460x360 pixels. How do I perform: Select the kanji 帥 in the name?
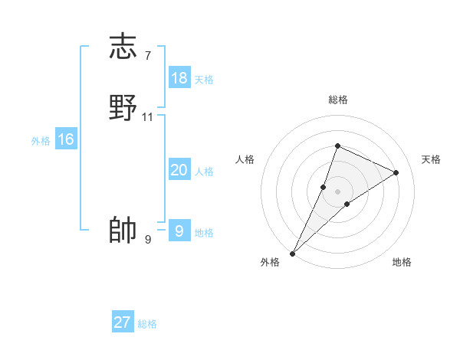[123, 230]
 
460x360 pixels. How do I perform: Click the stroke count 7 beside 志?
[148, 55]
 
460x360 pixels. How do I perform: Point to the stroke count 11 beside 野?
[148, 117]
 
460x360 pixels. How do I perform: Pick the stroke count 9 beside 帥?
[148, 240]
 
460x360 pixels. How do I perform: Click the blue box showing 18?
[179, 78]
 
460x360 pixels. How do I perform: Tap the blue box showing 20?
[179, 170]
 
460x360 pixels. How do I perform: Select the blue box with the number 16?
[66, 139]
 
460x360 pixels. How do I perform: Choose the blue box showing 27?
[123, 322]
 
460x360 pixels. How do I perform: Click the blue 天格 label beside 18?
[204, 80]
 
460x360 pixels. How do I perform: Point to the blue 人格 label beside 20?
[204, 172]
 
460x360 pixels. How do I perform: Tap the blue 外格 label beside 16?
[41, 141]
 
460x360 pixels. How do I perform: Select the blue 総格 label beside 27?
[147, 324]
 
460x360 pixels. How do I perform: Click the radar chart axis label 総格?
[338, 100]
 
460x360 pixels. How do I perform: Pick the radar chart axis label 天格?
[432, 159]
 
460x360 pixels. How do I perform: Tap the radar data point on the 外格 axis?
[293, 253]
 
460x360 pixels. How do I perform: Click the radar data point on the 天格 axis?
[396, 172]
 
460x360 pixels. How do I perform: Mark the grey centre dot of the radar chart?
[338, 191]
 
